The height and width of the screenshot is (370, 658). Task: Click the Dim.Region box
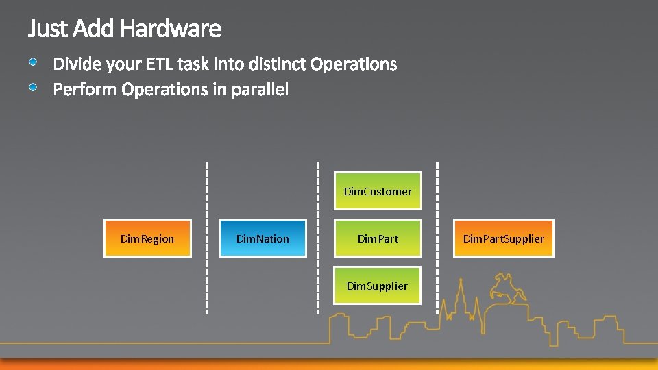tap(147, 238)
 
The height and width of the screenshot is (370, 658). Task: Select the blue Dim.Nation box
tap(263, 238)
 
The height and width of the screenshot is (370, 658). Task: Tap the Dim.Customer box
tap(378, 191)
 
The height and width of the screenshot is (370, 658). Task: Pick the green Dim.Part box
tap(378, 238)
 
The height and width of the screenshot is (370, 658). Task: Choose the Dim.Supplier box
tap(378, 286)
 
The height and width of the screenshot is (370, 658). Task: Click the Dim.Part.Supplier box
tap(504, 238)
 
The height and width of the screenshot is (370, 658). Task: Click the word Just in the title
tap(48, 29)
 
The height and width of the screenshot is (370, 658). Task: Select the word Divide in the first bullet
tap(77, 64)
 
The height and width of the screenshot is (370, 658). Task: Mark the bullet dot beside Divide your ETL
tap(34, 62)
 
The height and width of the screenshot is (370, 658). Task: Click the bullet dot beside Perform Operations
tap(34, 87)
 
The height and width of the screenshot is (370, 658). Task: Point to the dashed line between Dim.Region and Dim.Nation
tap(207, 236)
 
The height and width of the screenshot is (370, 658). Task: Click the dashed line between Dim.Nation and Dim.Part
tap(318, 236)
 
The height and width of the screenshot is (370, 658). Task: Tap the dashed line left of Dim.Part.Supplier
tap(437, 236)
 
